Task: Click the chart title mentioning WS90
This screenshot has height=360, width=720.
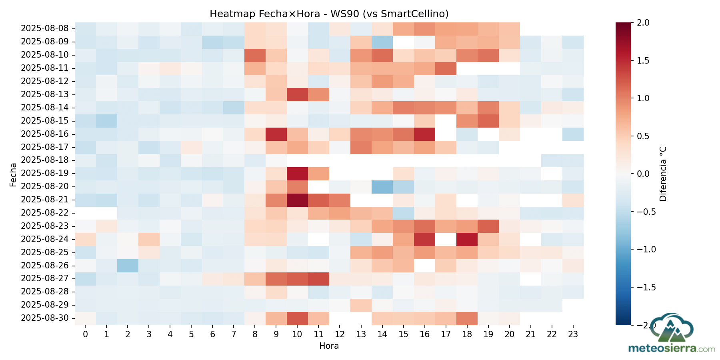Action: click(x=329, y=14)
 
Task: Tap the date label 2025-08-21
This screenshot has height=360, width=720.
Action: click(x=48, y=200)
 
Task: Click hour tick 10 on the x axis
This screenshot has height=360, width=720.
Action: click(x=297, y=334)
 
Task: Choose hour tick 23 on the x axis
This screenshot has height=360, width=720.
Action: click(x=573, y=334)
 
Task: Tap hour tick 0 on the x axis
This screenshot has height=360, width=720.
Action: click(x=85, y=334)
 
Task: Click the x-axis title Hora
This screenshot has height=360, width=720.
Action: click(x=329, y=346)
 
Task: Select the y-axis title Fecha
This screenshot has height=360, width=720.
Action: click(x=13, y=174)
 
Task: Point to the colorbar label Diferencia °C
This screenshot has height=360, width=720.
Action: click(x=663, y=174)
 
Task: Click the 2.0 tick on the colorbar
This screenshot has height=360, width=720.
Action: click(x=643, y=23)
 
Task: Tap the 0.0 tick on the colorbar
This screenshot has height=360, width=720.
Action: click(x=643, y=174)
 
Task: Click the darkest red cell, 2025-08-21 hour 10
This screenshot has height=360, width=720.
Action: click(x=297, y=200)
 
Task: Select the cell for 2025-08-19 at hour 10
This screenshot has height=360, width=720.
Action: click(x=297, y=173)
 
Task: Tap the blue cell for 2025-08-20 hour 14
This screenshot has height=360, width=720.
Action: click(x=382, y=186)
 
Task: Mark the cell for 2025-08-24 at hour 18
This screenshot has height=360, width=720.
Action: click(x=467, y=239)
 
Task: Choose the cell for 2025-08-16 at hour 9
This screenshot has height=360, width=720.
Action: click(x=276, y=134)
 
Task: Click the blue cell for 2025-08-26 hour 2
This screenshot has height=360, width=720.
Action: click(x=128, y=265)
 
